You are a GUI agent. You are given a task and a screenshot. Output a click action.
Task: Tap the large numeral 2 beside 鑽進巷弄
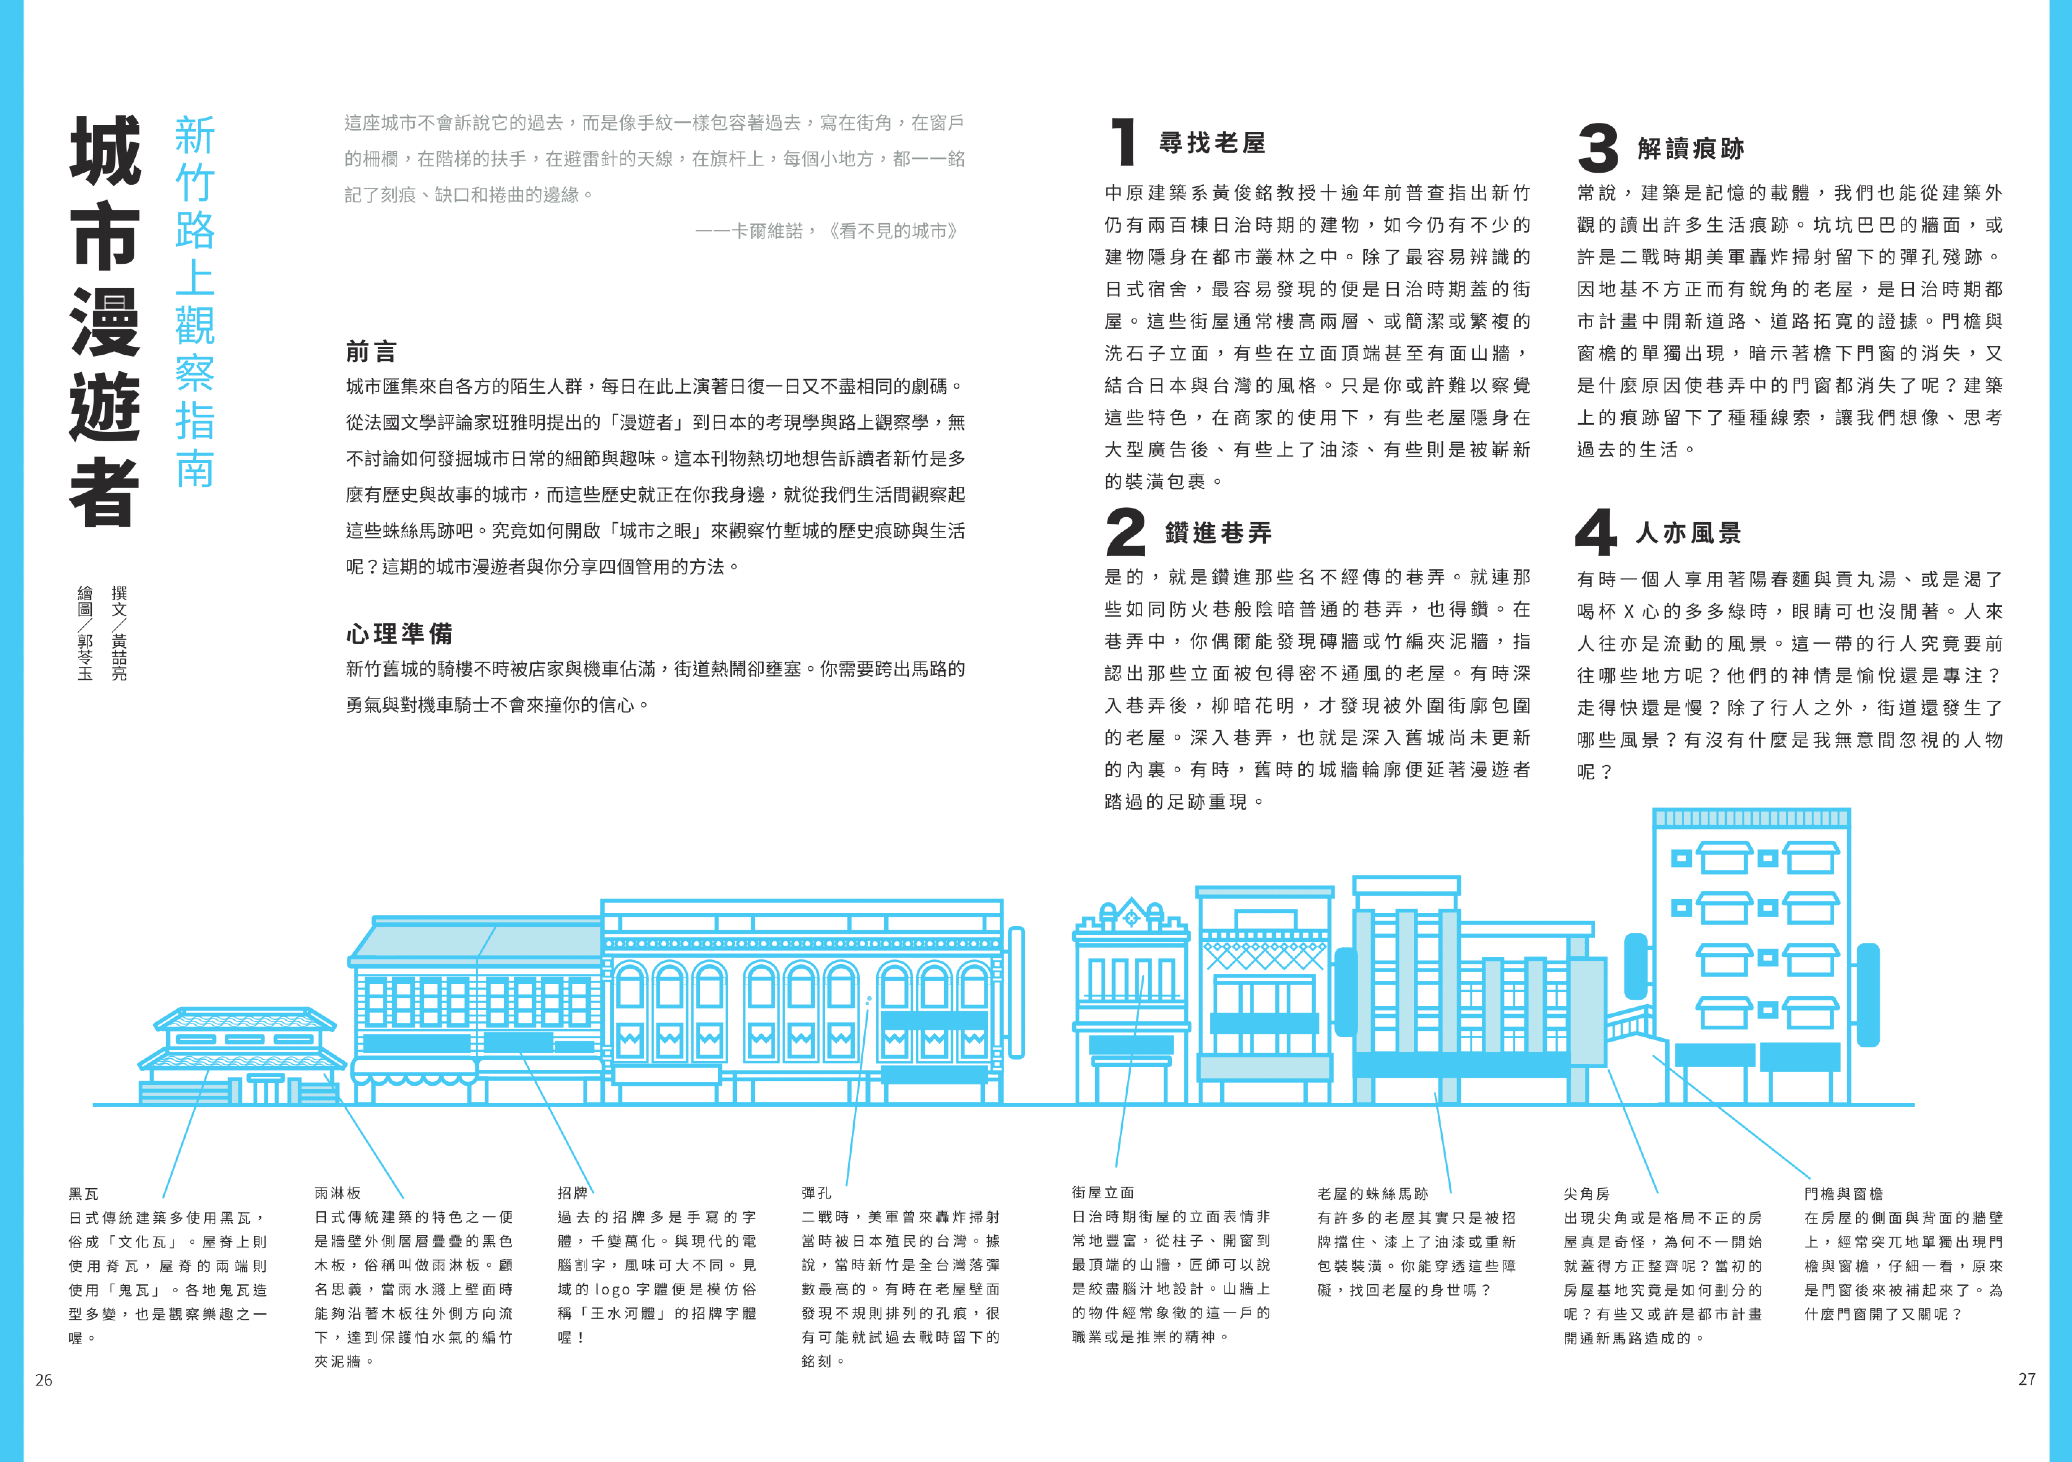(x=1125, y=532)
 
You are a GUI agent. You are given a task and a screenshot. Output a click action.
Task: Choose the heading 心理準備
(x=399, y=633)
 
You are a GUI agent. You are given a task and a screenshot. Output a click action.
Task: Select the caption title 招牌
(x=572, y=1193)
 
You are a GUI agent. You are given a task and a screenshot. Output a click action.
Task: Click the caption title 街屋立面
(x=1103, y=1193)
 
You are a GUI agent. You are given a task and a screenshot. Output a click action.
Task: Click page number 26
(x=43, y=1380)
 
